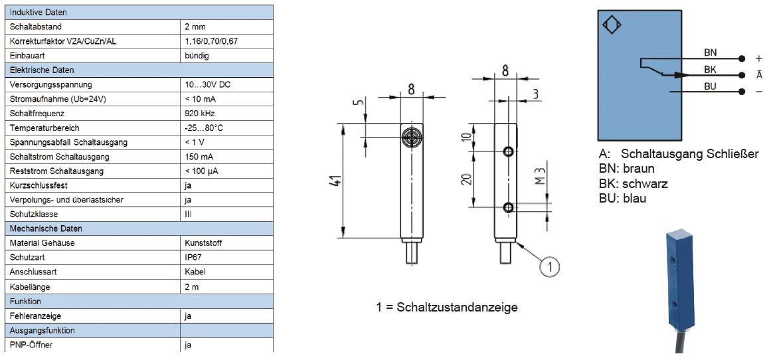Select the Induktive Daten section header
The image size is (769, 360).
click(x=39, y=13)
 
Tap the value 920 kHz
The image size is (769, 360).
click(x=199, y=114)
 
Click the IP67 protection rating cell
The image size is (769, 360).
click(x=193, y=257)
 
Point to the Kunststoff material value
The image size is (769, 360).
click(x=203, y=243)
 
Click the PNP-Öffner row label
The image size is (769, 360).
click(x=31, y=345)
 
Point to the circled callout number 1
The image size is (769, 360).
click(x=549, y=267)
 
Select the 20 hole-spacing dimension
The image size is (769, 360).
click(x=467, y=179)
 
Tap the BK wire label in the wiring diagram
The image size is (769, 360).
click(x=710, y=69)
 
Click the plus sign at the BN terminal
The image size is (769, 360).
click(x=759, y=58)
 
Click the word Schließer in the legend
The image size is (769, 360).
click(x=732, y=154)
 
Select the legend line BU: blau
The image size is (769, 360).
click(x=622, y=198)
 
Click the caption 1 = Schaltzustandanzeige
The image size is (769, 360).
click(x=446, y=307)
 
